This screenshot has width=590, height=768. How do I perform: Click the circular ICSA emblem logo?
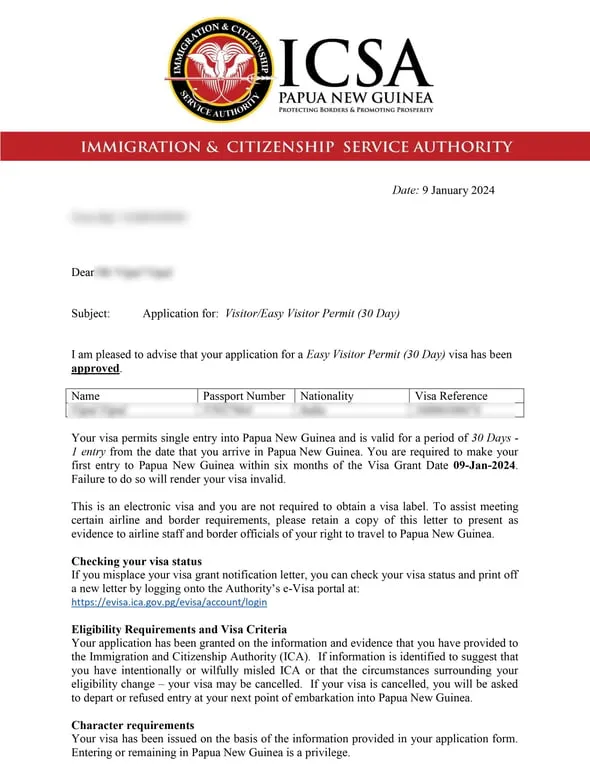coord(220,68)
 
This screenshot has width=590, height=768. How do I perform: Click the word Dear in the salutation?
coord(82,272)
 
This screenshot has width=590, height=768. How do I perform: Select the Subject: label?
coord(91,313)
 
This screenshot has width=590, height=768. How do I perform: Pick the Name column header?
coord(87,396)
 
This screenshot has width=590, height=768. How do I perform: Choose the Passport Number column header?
coord(244,396)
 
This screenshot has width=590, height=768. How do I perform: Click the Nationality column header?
coord(327,396)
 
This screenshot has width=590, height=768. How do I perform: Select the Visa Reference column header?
coord(451,396)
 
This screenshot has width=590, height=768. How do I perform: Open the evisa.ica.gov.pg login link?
coord(169,603)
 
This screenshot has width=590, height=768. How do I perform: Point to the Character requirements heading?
coord(133,725)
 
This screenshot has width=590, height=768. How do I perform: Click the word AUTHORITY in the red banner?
coord(455,147)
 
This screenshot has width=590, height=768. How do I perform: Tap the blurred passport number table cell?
coord(244,410)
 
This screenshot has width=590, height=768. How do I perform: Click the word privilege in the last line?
coord(325,753)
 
